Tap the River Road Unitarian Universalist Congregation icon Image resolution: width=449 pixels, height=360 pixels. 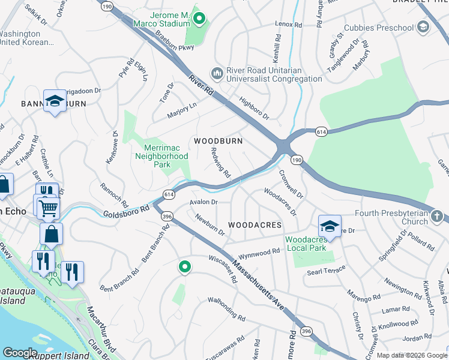click(217, 73)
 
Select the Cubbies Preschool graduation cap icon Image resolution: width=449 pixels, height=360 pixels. click(423, 28)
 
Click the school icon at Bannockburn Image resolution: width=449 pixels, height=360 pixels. click(55, 101)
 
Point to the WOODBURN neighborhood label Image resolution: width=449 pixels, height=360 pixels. click(218, 141)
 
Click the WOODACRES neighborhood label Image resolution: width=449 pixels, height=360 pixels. click(255, 225)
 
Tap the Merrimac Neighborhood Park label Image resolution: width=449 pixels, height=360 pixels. click(166, 156)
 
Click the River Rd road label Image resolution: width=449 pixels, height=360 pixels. click(201, 84)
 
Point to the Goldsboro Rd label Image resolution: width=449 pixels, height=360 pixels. click(125, 212)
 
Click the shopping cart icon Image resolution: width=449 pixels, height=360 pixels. click(48, 208)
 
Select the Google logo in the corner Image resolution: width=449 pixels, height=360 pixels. click(20, 353)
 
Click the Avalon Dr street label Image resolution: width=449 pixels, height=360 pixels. click(203, 202)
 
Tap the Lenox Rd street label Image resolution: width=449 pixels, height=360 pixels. click(288, 25)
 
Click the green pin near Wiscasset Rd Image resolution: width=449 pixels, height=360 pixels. click(185, 266)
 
